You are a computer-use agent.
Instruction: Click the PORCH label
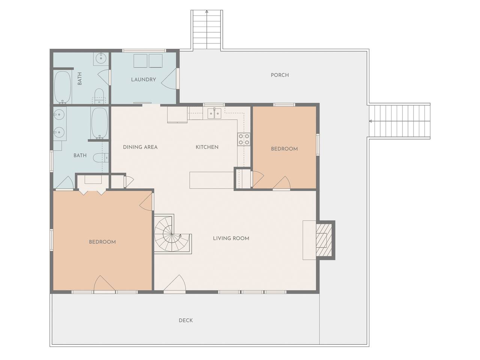pos(280,75)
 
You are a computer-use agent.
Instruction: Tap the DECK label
pos(186,320)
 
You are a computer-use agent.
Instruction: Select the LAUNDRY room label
pos(144,79)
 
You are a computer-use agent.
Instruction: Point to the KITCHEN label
pos(207,147)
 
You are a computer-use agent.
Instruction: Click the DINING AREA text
pos(140,147)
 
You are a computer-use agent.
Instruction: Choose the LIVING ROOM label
pos(231,238)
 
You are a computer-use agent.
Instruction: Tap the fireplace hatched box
pos(324,240)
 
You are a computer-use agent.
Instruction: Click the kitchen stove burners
pos(244,139)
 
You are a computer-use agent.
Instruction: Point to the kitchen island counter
pos(211,180)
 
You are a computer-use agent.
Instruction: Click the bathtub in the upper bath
pos(63,87)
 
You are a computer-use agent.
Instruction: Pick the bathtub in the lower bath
pos(99,123)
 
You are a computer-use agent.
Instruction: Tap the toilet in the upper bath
pos(99,96)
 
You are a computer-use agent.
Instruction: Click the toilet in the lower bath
pos(101,157)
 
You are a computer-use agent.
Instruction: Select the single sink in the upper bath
pos(101,58)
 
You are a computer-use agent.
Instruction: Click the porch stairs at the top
pos(207,30)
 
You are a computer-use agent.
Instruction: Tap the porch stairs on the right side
pos(399,121)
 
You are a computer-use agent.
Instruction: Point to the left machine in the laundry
pos(140,61)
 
